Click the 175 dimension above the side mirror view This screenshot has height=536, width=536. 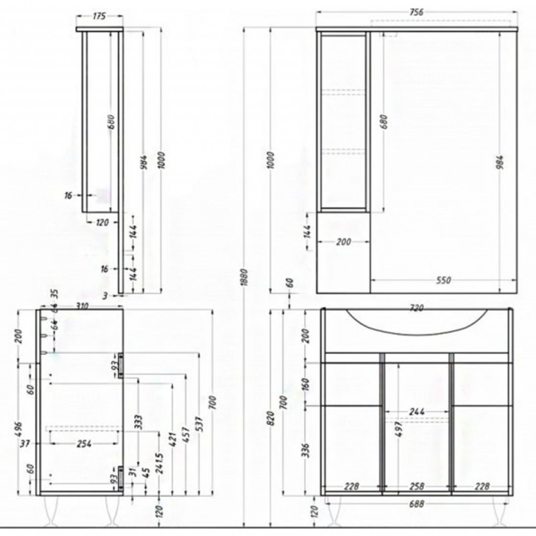tap(98, 15)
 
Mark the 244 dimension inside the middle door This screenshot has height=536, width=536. tap(417, 412)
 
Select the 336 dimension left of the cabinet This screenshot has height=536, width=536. tap(306, 448)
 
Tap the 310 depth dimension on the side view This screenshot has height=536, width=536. tap(83, 306)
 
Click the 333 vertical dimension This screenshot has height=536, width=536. tap(139, 422)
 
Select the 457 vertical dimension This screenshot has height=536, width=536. tap(183, 443)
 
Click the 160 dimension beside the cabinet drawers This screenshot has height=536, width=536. tap(306, 382)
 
